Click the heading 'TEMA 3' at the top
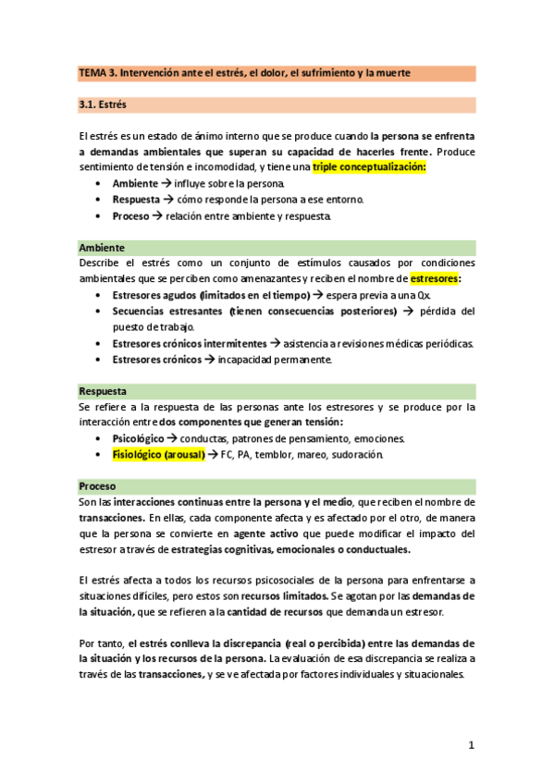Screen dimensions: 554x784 pyautogui.click(x=105, y=73)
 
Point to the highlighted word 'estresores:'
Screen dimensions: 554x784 pyautogui.click(x=435, y=278)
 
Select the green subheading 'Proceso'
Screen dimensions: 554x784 pyautogui.click(x=97, y=485)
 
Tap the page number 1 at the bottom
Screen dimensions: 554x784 pyautogui.click(x=471, y=744)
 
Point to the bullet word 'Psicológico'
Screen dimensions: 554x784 pyautogui.click(x=138, y=438)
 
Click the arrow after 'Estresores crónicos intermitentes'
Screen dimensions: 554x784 pyautogui.click(x=274, y=343)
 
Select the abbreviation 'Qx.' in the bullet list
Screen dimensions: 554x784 pyautogui.click(x=425, y=295)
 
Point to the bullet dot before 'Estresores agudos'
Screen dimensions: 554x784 pyautogui.click(x=99, y=295)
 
